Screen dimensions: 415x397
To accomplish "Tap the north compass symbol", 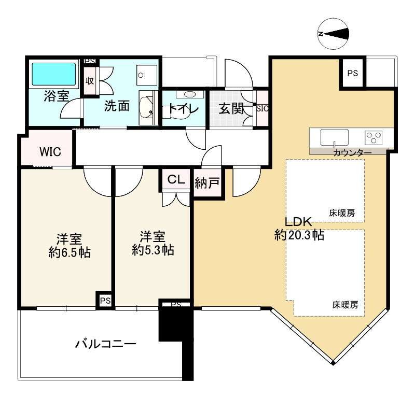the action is (x=334, y=34).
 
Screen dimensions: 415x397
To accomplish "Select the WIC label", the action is (x=50, y=151).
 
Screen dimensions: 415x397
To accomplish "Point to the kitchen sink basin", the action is (x=334, y=137).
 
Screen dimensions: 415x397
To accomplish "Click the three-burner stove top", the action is (x=374, y=137).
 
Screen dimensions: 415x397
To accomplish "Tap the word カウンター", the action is (x=352, y=153).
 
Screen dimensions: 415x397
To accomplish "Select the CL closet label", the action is (x=176, y=180).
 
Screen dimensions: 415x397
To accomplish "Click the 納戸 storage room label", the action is (x=207, y=182).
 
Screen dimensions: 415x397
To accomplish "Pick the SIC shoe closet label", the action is (x=262, y=108).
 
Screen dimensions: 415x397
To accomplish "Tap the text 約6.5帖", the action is (x=70, y=253).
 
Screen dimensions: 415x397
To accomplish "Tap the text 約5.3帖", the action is (x=153, y=250).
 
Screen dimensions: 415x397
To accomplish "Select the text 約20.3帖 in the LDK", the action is (x=299, y=235).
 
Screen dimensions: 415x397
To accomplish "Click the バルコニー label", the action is (x=106, y=344).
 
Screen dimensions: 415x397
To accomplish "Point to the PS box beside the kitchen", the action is (x=353, y=73).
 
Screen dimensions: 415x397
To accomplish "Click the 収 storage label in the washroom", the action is (x=90, y=81).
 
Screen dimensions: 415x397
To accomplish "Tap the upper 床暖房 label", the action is (x=342, y=213).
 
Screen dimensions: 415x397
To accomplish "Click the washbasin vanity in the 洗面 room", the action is (x=147, y=108).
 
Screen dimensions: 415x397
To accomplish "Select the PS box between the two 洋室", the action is (x=105, y=301).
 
